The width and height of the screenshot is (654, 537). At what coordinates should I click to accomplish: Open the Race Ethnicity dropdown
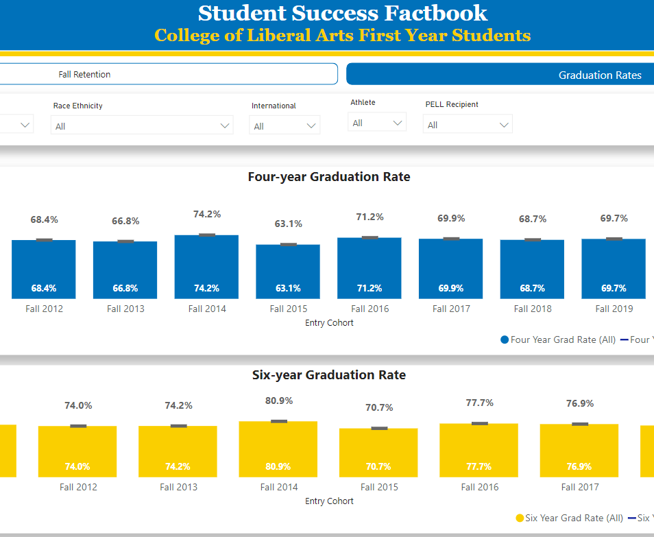coord(142,126)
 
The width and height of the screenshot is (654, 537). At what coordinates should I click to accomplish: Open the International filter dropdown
coord(285,126)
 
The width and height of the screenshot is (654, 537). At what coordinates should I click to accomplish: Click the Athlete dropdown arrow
coord(397,123)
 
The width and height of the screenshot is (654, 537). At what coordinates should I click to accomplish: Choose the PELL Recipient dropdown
coord(468,125)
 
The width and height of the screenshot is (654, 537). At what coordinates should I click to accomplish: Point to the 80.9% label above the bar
coord(278,401)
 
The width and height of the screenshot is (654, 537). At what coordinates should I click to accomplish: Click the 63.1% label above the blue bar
coord(288,224)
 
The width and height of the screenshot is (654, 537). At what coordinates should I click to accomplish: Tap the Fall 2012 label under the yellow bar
coord(77,487)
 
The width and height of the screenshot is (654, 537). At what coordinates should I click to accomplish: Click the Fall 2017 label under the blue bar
coord(451,309)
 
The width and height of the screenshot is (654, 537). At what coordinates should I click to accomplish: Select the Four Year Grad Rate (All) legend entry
coord(558,339)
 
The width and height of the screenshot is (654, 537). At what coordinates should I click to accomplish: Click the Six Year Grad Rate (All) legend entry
coord(569,518)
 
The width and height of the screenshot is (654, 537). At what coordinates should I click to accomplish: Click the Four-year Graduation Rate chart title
coord(328,177)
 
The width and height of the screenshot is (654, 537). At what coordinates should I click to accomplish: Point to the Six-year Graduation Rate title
coord(328,375)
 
